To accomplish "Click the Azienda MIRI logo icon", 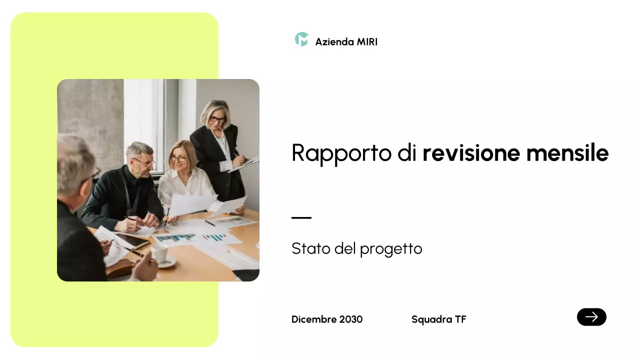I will point(301,39).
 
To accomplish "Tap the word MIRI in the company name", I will point(367,42).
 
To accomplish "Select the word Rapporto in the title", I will point(341,153).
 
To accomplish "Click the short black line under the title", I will point(301,218).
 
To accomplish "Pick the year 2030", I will point(351,319).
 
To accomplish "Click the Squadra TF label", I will point(438,319).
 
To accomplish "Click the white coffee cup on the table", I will point(160,254).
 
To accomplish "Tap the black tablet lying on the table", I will point(132,241).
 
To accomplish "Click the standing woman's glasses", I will point(217,119).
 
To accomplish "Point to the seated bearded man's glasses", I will point(144,161).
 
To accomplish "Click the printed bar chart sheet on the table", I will point(176,238).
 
